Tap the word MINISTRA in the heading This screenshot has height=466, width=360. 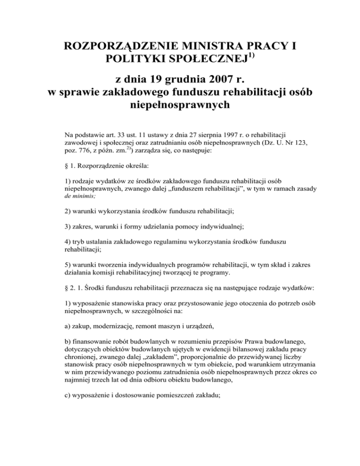point(216,47)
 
